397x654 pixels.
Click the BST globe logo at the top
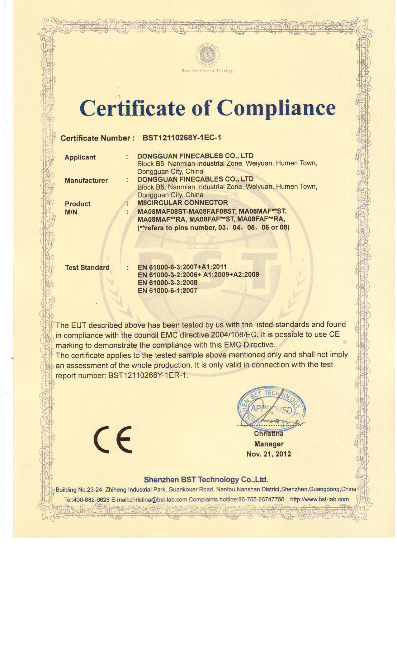(x=207, y=56)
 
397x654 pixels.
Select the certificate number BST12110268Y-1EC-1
(x=182, y=138)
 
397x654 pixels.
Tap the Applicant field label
(x=80, y=157)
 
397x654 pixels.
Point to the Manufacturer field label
(x=86, y=180)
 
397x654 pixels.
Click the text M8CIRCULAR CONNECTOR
(x=182, y=202)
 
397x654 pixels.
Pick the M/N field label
(x=71, y=212)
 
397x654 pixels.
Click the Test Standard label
(x=87, y=268)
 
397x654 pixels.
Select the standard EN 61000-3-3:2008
(x=167, y=283)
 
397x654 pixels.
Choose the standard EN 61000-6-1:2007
(x=167, y=291)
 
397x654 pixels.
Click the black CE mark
(x=112, y=439)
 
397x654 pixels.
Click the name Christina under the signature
(x=268, y=434)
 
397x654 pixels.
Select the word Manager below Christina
(x=268, y=444)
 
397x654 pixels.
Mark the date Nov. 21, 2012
(x=268, y=454)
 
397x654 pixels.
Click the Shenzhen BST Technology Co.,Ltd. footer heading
(x=206, y=479)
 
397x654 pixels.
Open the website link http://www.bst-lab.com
(x=319, y=499)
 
